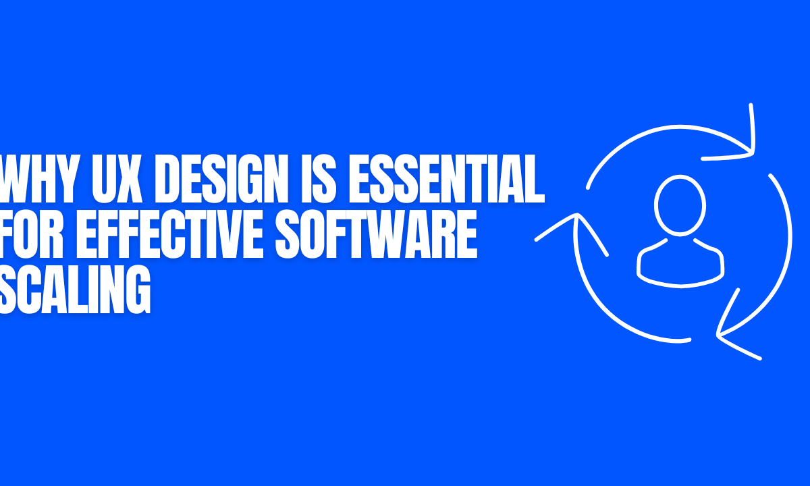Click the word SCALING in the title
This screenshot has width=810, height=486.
coord(74,290)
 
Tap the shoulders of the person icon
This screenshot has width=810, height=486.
coord(680,263)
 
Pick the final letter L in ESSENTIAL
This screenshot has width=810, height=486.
coord(536,178)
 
